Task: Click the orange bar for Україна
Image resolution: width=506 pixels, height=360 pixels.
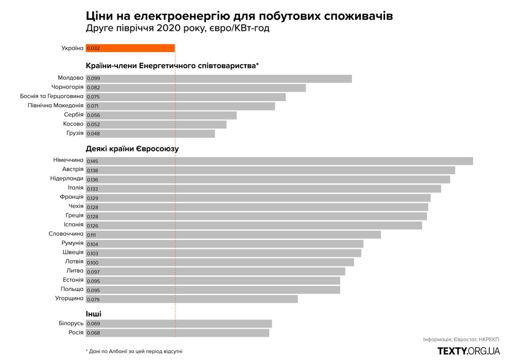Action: [130, 48]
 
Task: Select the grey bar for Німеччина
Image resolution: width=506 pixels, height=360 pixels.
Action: [279, 161]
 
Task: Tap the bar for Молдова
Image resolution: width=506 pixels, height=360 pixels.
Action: [219, 78]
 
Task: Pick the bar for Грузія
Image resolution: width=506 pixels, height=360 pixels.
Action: [150, 133]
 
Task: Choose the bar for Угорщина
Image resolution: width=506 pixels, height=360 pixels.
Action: [192, 299]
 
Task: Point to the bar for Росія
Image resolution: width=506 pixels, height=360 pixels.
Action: [178, 333]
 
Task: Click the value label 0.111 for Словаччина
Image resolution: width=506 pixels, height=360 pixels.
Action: [92, 235]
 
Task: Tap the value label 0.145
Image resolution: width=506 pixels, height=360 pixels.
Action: [92, 161]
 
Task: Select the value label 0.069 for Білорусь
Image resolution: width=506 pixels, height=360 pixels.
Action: [93, 324]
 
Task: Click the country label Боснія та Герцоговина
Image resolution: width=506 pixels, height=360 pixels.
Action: [52, 96]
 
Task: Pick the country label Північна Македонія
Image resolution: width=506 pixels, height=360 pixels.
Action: [55, 105]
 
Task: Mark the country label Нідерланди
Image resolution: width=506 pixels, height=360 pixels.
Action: [67, 178]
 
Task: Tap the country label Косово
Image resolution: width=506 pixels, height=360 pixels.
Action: [73, 124]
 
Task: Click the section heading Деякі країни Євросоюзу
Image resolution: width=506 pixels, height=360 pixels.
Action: [132, 149]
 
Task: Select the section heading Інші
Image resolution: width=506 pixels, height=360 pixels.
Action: [94, 314]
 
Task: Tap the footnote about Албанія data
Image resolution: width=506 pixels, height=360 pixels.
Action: [134, 351]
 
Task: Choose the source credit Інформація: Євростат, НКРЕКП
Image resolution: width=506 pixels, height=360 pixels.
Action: [461, 339]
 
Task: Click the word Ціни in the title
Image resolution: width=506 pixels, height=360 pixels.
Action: [101, 16]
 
